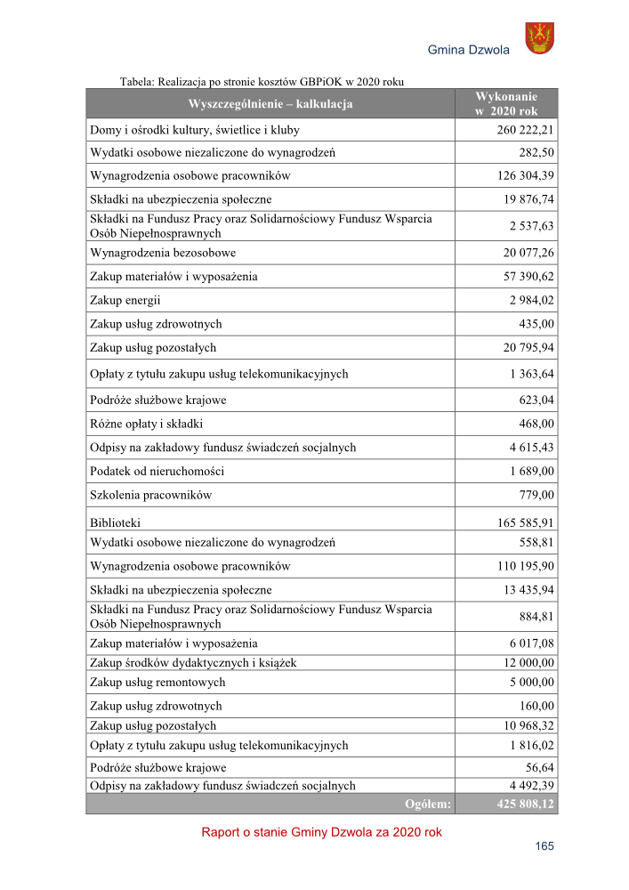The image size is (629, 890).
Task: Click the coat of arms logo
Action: coord(539,38)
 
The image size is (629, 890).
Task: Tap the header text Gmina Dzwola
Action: coord(469,50)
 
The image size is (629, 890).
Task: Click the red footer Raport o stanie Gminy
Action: coord(321,833)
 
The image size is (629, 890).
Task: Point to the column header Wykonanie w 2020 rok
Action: coord(505,103)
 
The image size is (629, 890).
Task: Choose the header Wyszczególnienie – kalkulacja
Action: coord(270,104)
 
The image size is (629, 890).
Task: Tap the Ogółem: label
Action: coord(428,804)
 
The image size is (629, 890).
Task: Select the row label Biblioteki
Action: coord(116,523)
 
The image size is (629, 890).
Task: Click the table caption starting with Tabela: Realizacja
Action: coord(262,81)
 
